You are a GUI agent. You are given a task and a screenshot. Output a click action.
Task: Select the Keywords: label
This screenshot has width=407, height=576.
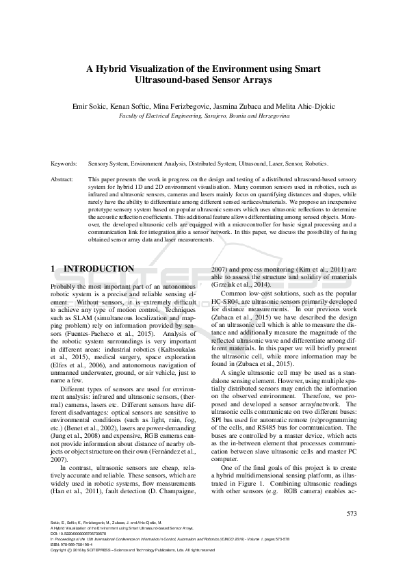tap(64, 164)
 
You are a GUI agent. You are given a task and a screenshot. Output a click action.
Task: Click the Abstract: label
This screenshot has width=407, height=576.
tap(63, 179)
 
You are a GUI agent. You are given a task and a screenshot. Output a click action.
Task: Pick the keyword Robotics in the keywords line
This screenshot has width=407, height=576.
tap(314, 164)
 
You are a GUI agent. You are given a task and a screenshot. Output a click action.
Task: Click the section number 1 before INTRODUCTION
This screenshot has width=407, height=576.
tap(55, 270)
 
